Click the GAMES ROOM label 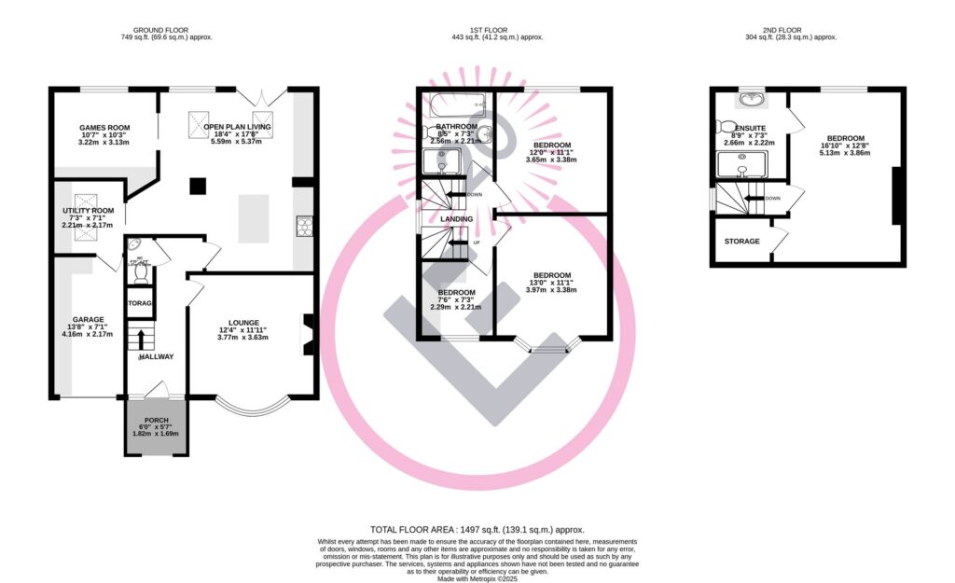(104, 128)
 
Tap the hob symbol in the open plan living (303, 224)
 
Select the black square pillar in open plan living (196, 186)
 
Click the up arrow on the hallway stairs (142, 337)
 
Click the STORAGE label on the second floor (741, 242)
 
